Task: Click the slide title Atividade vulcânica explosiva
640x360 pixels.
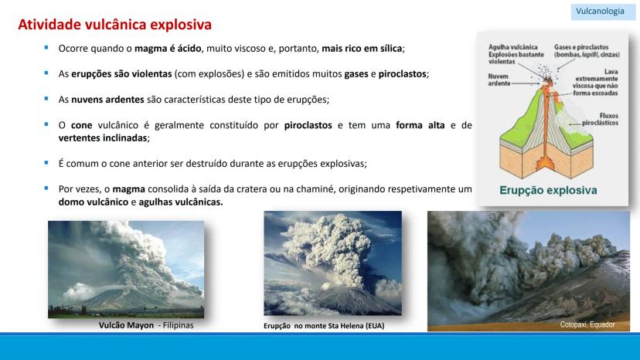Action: click(x=114, y=25)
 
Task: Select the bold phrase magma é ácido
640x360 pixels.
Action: click(x=168, y=49)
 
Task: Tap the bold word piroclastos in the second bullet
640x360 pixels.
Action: click(x=402, y=74)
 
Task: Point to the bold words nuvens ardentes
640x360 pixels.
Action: click(x=107, y=100)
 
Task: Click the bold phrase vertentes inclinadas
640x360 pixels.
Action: click(x=103, y=138)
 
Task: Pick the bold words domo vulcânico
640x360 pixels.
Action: click(x=94, y=202)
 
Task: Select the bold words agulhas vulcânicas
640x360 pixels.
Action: click(x=180, y=202)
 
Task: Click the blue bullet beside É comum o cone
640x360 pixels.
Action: click(x=46, y=163)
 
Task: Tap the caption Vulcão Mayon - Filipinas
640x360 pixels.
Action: click(x=146, y=325)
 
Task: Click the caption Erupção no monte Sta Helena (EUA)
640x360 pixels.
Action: click(x=324, y=326)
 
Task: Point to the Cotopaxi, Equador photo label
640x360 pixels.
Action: click(x=587, y=324)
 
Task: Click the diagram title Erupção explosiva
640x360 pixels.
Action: click(x=548, y=190)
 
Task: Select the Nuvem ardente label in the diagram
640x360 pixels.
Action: click(x=499, y=80)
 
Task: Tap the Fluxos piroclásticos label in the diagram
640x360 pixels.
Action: click(x=600, y=119)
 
